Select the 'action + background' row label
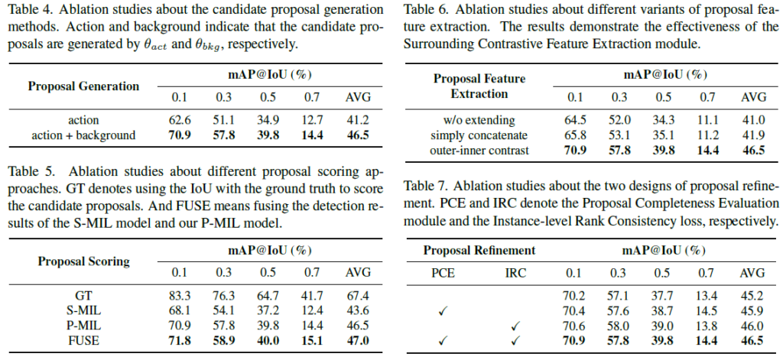coord(83,135)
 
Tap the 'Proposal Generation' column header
coord(83,86)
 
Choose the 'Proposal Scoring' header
coord(83,261)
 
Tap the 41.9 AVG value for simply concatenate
coord(753,135)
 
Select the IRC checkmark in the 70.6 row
coord(515,326)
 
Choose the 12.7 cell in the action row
coord(313,121)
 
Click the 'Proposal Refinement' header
coord(479,251)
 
